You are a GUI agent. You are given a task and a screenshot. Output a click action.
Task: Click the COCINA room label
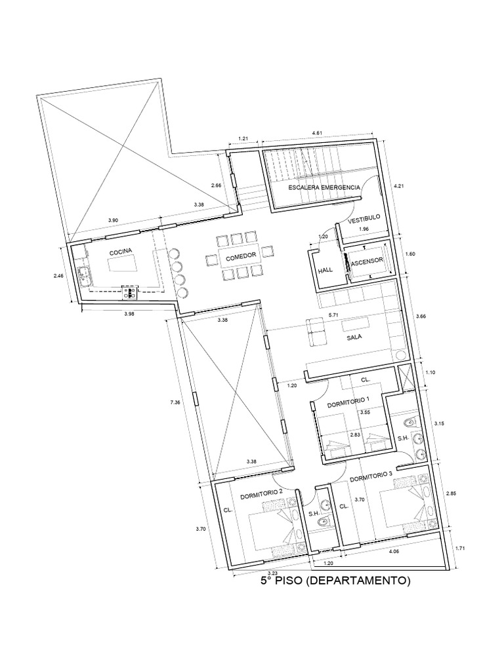click(121, 251)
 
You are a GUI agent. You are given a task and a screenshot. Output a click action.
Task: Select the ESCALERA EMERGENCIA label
click(325, 187)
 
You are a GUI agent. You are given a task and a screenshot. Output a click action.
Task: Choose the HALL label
click(325, 270)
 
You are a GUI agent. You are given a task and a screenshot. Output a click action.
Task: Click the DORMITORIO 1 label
click(348, 399)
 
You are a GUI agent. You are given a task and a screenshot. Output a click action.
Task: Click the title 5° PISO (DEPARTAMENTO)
click(335, 580)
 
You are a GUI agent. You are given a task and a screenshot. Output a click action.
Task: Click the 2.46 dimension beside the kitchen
click(59, 277)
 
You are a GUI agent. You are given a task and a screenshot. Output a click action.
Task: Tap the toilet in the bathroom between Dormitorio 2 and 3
click(321, 522)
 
